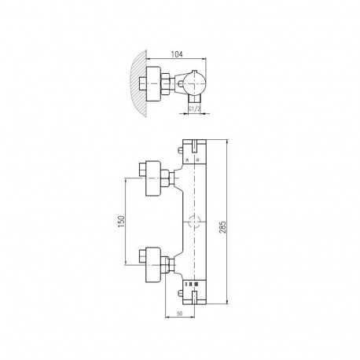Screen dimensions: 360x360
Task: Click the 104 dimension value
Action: pos(177,54)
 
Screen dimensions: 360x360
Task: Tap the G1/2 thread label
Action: pos(194,108)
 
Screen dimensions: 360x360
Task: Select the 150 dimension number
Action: pos(121,222)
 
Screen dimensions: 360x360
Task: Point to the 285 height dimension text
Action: pos(222,227)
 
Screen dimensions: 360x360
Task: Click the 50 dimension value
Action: pos(179,313)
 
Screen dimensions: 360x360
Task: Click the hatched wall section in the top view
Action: pos(138,83)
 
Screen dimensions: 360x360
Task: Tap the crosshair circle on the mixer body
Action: pos(194,222)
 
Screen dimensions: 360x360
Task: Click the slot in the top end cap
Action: pos(194,146)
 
